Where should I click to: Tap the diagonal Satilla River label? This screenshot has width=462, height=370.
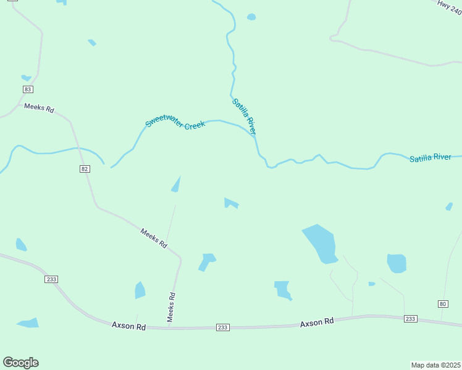tap(244, 117)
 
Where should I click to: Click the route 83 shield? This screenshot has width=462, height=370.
tap(27, 89)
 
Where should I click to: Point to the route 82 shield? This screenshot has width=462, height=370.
tap(85, 169)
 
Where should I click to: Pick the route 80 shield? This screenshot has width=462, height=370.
tap(442, 304)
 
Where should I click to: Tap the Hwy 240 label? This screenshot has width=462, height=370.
tap(449, 4)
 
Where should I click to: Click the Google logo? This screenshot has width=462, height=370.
tap(20, 363)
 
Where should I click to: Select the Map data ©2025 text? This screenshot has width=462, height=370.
tap(436, 365)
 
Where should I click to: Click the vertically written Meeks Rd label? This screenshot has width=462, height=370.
tap(172, 307)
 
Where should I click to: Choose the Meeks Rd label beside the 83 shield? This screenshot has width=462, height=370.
tap(39, 108)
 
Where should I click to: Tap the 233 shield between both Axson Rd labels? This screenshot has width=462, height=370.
tap(223, 327)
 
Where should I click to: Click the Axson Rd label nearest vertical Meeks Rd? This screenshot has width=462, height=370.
tap(128, 325)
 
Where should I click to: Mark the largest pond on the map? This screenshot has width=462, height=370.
tap(319, 242)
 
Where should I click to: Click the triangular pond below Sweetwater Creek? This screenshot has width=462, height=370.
tap(176, 184)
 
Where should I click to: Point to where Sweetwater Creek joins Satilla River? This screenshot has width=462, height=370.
tap(254, 136)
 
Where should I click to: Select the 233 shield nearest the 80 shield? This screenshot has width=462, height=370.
tap(410, 319)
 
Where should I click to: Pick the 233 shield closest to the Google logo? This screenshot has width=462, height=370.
tap(51, 279)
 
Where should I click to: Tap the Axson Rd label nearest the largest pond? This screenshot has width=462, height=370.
tap(317, 322)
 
